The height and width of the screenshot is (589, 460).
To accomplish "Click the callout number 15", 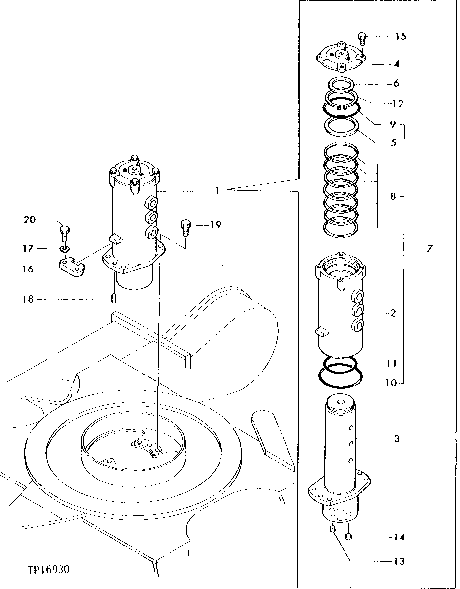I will click(401, 36).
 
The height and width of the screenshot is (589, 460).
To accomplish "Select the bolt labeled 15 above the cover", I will click(362, 38).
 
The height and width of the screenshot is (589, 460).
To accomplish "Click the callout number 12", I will click(397, 104).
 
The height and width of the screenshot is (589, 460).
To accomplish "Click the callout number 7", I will click(429, 248).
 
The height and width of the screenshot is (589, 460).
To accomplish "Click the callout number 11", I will click(392, 363).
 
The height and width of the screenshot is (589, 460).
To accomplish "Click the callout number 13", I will click(399, 561).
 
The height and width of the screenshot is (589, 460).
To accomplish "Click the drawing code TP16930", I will click(49, 570).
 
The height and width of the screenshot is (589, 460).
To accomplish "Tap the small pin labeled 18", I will click(114, 299).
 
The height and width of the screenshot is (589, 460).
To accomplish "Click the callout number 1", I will click(217, 191).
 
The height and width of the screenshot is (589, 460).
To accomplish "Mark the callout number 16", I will click(28, 269).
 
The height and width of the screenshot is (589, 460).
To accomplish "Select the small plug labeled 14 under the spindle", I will click(349, 536).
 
